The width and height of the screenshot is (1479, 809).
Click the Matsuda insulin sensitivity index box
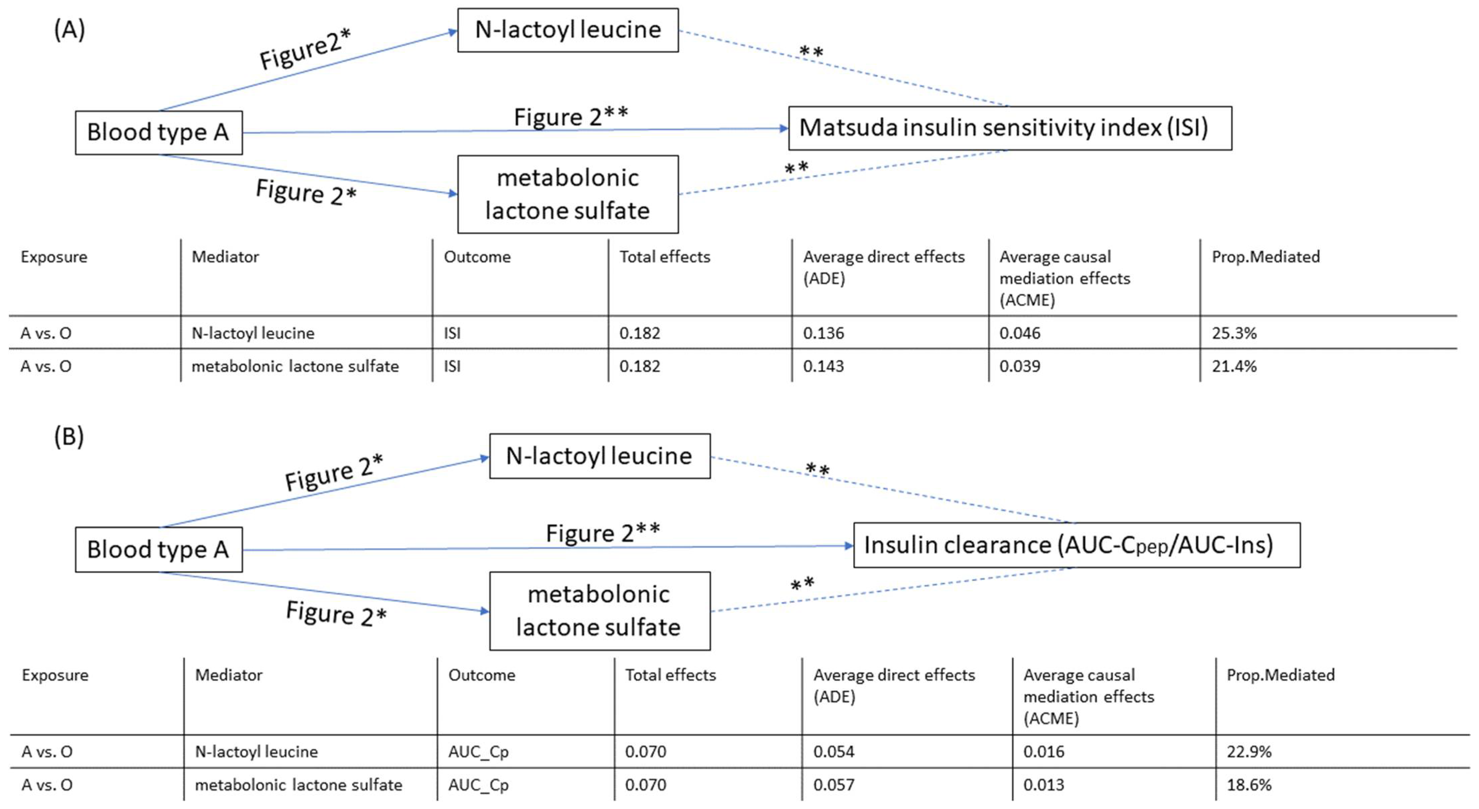click(1009, 128)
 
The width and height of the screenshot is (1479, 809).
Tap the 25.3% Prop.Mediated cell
click(1234, 333)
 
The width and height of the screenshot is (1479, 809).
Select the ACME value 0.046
click(1020, 333)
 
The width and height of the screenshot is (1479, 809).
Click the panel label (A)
click(69, 29)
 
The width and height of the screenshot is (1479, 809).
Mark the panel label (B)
click(69, 437)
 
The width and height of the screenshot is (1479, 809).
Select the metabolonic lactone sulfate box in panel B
click(599, 611)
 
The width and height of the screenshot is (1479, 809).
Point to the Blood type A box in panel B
click(158, 549)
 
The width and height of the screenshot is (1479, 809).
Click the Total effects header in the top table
click(664, 257)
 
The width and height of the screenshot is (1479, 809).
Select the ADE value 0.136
click(823, 333)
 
